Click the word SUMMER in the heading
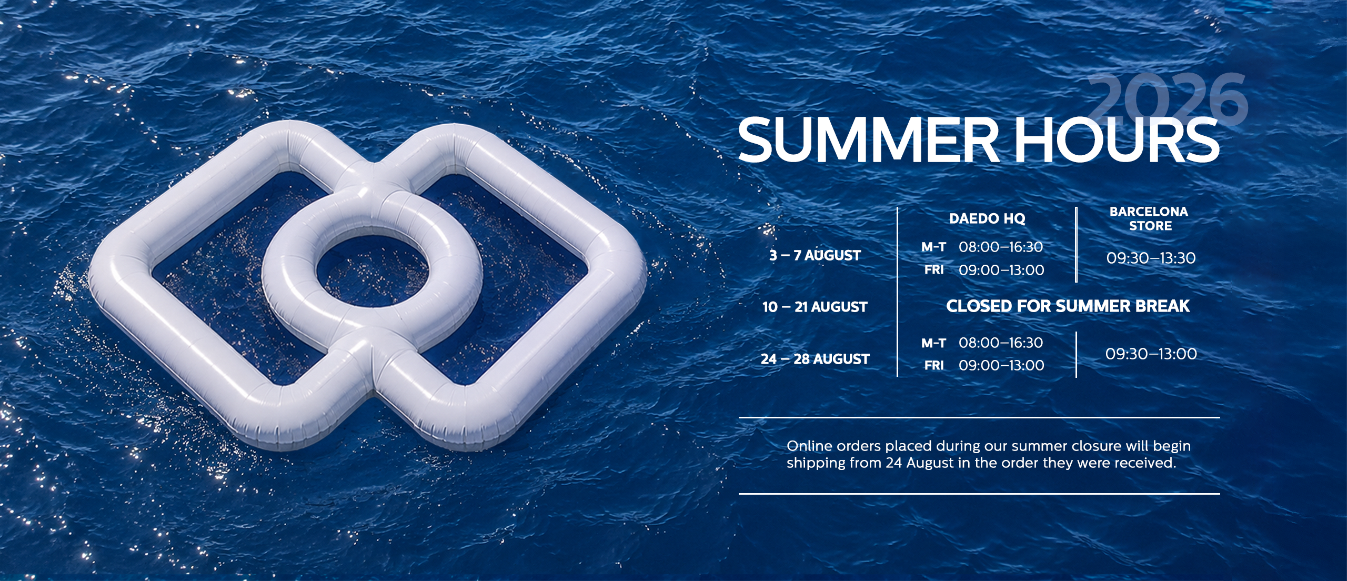[868, 141]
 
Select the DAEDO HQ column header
[987, 218]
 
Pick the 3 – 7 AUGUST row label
[815, 255]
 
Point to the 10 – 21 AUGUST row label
[815, 307]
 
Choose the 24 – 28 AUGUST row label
[815, 359]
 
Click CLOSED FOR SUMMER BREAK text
[1068, 306]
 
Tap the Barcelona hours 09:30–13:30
[1151, 258]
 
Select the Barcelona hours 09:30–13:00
[1151, 354]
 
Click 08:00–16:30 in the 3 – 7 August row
[1001, 247]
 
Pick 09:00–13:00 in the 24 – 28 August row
[1001, 365]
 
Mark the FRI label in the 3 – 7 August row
[934, 270]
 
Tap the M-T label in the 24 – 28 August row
[933, 344]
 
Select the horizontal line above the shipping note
[979, 418]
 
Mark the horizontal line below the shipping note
[979, 494]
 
